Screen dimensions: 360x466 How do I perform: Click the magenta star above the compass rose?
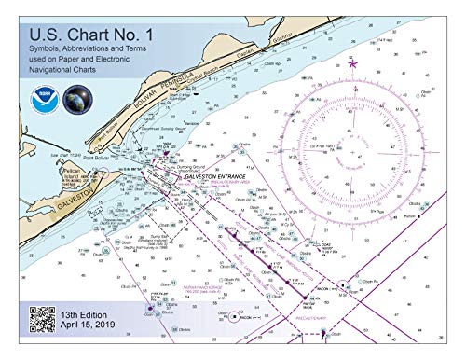pos(351,62)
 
